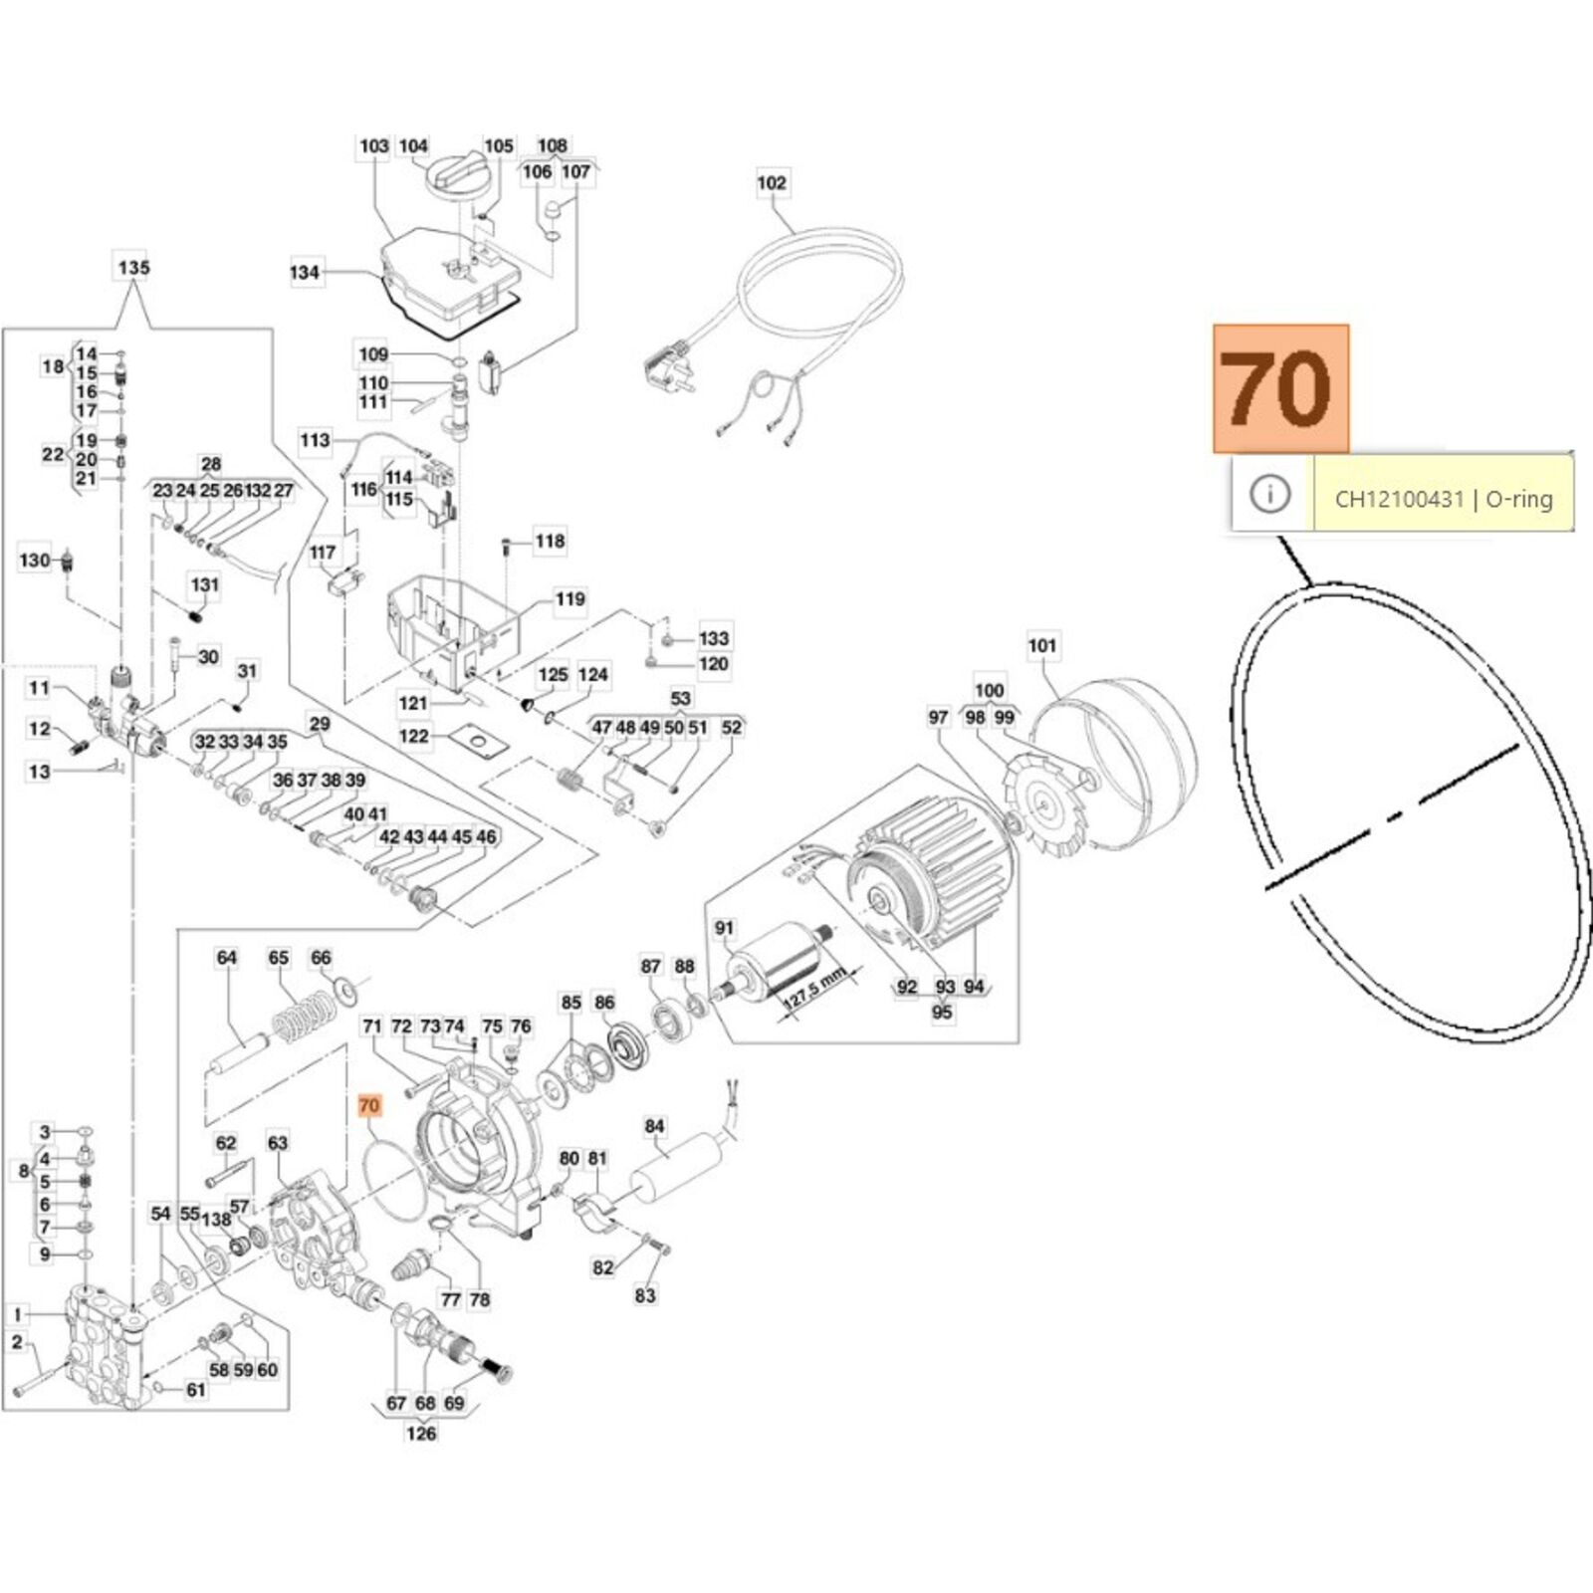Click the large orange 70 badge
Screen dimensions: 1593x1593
[x=1280, y=387]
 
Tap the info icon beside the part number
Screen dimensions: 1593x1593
[x=1269, y=494]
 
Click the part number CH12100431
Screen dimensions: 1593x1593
[x=1399, y=499]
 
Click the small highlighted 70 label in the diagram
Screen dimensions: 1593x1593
[x=368, y=1106]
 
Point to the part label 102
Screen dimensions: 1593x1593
[x=772, y=183]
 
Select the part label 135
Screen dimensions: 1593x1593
[x=133, y=268]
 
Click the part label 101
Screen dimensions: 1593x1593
[x=1042, y=646]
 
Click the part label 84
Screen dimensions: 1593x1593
[x=654, y=1127]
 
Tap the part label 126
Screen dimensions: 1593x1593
[x=421, y=1433]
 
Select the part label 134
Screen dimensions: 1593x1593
[x=305, y=272]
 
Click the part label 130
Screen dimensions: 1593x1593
[x=35, y=561]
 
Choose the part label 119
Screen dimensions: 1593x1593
[x=570, y=599]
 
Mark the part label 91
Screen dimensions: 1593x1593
[x=724, y=929]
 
